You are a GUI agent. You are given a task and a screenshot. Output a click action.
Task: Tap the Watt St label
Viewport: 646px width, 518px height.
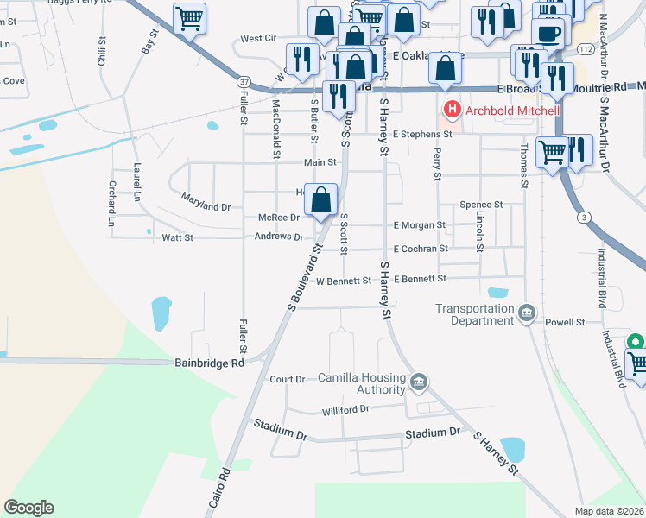[x=176, y=237]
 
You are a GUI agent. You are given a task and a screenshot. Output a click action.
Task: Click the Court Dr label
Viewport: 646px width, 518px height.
[x=288, y=379]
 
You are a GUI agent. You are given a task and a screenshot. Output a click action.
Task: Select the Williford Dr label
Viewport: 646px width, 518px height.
[x=345, y=409]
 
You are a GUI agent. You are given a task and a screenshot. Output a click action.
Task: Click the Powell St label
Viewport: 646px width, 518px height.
[x=566, y=322]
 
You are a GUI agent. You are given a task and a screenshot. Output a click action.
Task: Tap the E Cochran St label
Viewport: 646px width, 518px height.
[x=421, y=249]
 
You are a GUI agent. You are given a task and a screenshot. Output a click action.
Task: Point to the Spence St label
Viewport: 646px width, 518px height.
[x=481, y=205]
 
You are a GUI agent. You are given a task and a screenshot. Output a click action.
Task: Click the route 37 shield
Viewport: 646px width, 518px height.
[x=244, y=81]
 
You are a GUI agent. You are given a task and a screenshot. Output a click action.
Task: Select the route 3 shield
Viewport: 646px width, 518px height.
[x=585, y=218]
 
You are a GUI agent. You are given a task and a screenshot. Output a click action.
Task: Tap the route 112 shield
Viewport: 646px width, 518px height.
[x=586, y=49]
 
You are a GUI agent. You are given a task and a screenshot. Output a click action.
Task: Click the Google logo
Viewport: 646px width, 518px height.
[x=28, y=508]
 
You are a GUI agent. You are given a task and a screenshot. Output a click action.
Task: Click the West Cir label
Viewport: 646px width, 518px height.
[x=257, y=39]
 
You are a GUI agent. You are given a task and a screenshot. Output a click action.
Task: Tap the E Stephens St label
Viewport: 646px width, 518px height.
[x=422, y=135]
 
